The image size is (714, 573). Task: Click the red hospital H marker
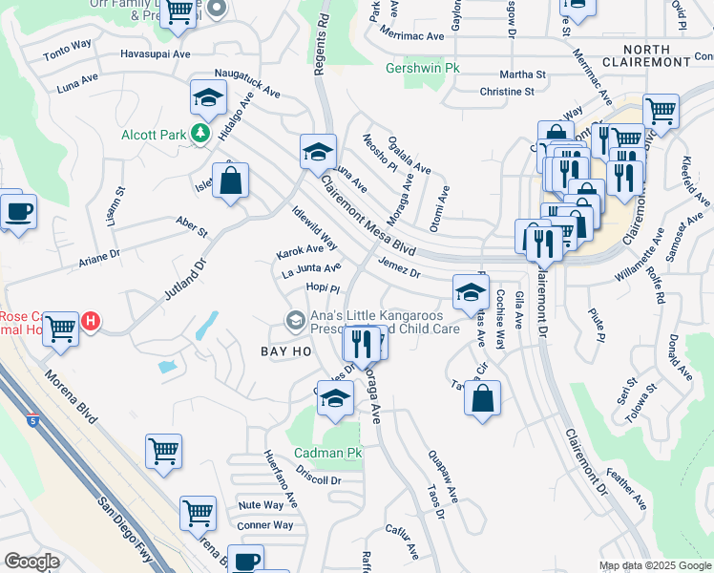(90, 321)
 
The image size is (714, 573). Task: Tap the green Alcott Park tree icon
(200, 135)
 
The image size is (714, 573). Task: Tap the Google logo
(31, 561)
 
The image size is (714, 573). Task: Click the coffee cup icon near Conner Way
(246, 561)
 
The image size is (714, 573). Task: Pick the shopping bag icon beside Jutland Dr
(230, 180)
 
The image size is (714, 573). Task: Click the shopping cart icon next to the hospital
(60, 329)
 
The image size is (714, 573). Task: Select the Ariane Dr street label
(99, 255)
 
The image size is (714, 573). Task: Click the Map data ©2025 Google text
(655, 565)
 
